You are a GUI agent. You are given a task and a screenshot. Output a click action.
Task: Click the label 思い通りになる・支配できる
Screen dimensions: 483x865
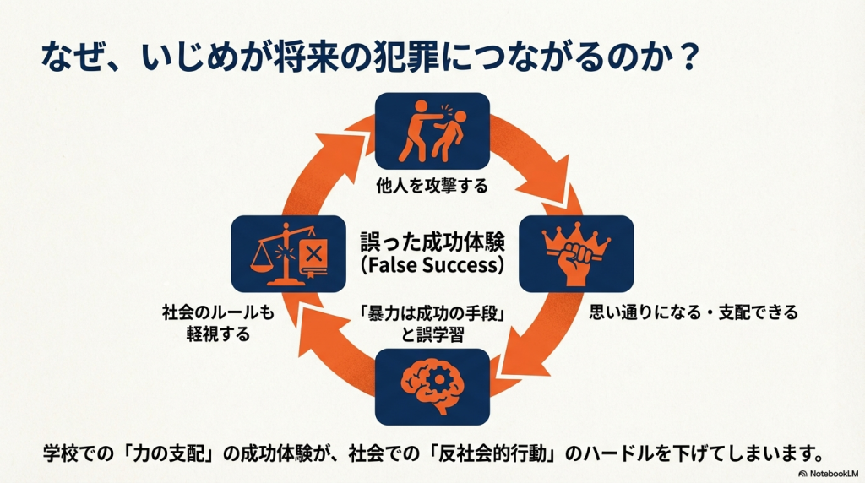coord(693,312)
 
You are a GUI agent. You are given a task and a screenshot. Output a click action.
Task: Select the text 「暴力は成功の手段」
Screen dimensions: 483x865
coord(432,315)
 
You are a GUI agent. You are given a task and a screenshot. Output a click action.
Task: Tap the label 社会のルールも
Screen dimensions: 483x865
coord(218,312)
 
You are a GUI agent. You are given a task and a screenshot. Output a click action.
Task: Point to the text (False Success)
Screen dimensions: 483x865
coord(432,265)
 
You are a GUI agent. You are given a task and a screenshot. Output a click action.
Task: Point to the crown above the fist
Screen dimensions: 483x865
coord(575,237)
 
